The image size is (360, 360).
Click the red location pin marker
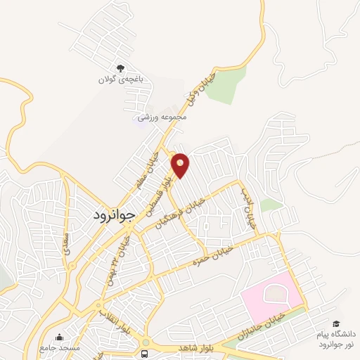point(181,165)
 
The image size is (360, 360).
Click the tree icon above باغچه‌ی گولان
point(120,69)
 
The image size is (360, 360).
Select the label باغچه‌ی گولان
point(120,80)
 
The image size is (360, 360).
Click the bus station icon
point(145,352)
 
